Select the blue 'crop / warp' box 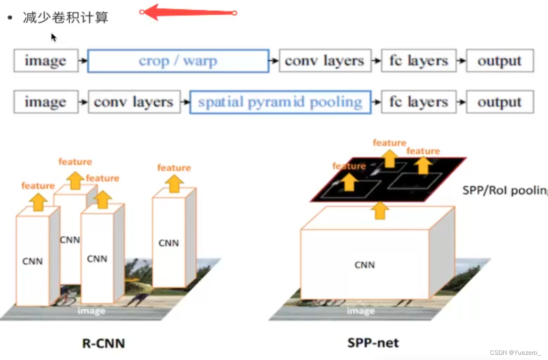pos(178,61)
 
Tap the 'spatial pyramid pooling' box pos(280,102)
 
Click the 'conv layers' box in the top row pos(324,61)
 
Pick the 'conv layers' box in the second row pos(134,102)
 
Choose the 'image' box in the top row pos(46,61)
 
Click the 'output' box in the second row pos(499,102)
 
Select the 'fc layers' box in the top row pos(418,61)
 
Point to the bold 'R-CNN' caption pos(104,343)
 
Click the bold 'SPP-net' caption pos(373,343)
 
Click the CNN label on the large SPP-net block pos(365,265)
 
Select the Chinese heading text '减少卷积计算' pos(66,18)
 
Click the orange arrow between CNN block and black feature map pos(380,210)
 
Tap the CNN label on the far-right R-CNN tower pos(168,243)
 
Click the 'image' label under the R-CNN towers pos(91,311)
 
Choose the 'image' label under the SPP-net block pos(361,311)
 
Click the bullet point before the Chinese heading pos(9,18)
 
